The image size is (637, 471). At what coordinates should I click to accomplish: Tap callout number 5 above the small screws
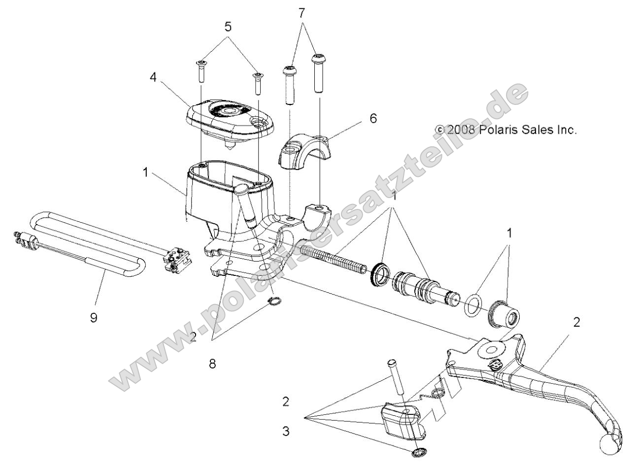click(x=228, y=28)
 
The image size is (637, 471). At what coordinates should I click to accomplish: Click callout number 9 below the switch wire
click(x=93, y=318)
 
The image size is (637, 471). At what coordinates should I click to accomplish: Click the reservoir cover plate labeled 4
click(x=227, y=117)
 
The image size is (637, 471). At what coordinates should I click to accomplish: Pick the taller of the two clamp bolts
click(x=318, y=73)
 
